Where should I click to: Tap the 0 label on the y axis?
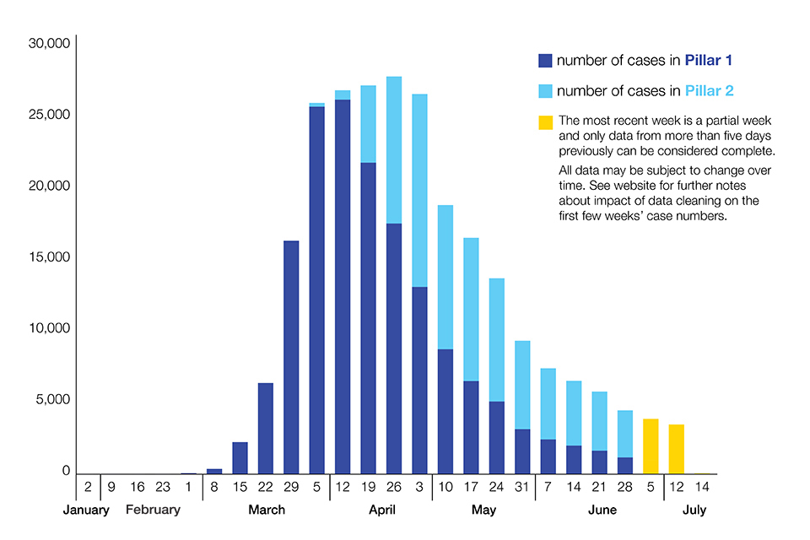coord(66,471)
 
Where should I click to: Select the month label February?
coord(153,510)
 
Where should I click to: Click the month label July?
coord(694,510)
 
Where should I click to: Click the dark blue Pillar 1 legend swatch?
coord(545,61)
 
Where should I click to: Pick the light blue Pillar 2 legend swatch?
coord(545,91)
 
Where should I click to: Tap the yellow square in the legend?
coord(545,122)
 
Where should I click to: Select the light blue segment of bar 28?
coord(624,434)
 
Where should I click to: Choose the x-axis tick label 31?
coord(522,487)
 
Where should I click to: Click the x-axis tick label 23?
coord(163,487)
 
